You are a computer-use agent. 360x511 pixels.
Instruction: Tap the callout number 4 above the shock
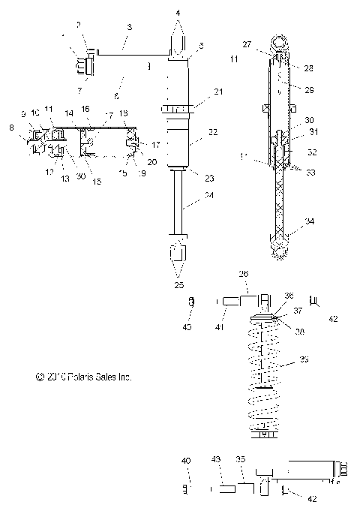click(x=178, y=13)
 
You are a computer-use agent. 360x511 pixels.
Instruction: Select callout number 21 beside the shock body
click(x=197, y=92)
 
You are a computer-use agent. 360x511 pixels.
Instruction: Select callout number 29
click(x=310, y=89)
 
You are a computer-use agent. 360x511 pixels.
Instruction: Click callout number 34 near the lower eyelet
click(x=310, y=221)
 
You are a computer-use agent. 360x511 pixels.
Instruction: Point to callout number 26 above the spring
click(x=243, y=274)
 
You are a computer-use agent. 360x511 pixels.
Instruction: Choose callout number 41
click(x=199, y=327)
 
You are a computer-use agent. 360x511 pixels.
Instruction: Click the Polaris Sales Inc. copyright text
click(x=83, y=378)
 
